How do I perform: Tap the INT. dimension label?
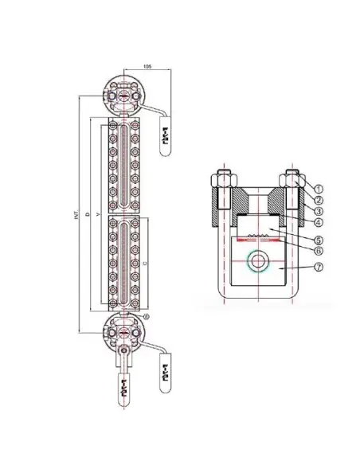click(76, 216)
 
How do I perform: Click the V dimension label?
click(98, 216)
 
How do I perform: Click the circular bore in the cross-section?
click(259, 260)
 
